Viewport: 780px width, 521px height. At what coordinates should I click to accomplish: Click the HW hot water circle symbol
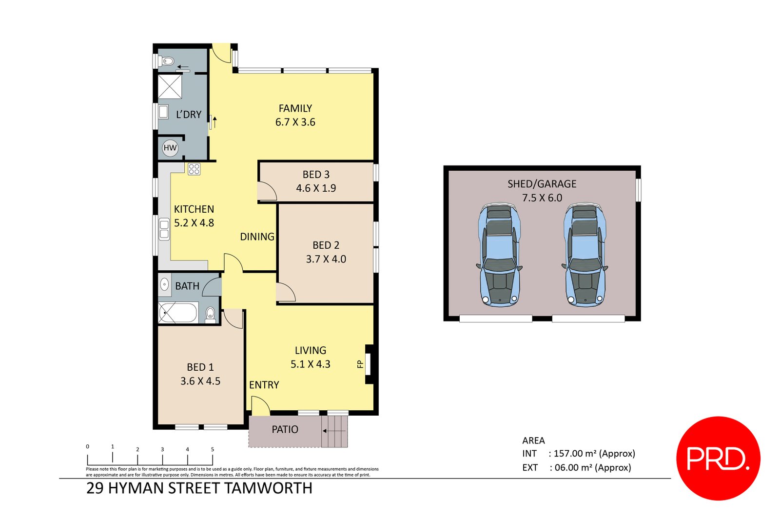point(170,148)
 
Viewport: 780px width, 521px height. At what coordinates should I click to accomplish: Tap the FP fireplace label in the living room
point(360,364)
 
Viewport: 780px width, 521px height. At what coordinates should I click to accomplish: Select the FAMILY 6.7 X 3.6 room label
point(295,115)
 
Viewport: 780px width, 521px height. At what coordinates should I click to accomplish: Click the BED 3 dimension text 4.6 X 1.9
point(316,188)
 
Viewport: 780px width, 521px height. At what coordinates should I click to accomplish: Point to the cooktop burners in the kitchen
point(194,169)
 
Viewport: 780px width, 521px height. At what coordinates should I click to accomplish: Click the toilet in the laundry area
point(168,61)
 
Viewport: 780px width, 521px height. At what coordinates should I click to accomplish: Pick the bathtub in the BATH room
point(178,313)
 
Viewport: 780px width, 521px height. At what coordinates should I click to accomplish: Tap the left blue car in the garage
point(499,255)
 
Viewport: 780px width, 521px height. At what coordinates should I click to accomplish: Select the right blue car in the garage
point(585,255)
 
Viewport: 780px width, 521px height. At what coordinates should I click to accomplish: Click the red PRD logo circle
point(718,458)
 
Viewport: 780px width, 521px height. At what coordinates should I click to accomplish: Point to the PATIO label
point(285,430)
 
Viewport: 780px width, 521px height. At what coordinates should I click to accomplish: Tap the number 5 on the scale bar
point(213,449)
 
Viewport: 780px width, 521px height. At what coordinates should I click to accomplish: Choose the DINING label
point(257,237)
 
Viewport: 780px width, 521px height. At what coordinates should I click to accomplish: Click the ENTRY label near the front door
point(264,385)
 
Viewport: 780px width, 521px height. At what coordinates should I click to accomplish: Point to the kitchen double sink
point(164,229)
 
